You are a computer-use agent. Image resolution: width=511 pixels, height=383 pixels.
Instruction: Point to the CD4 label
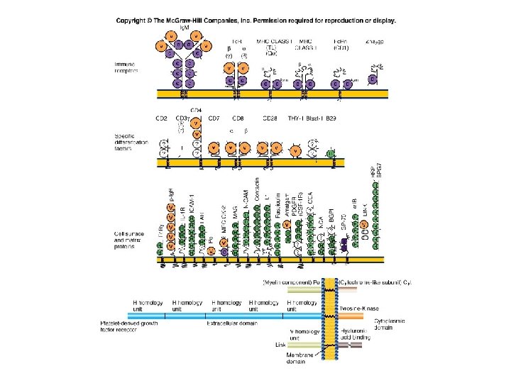click(197, 111)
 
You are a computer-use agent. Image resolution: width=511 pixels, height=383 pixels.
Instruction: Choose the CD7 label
click(214, 118)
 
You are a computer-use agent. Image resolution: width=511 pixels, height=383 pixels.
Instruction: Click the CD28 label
click(270, 118)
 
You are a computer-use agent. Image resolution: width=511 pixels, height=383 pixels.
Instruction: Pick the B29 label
click(330, 118)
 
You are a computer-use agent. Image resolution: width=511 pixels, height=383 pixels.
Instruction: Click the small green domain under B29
click(330, 154)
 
